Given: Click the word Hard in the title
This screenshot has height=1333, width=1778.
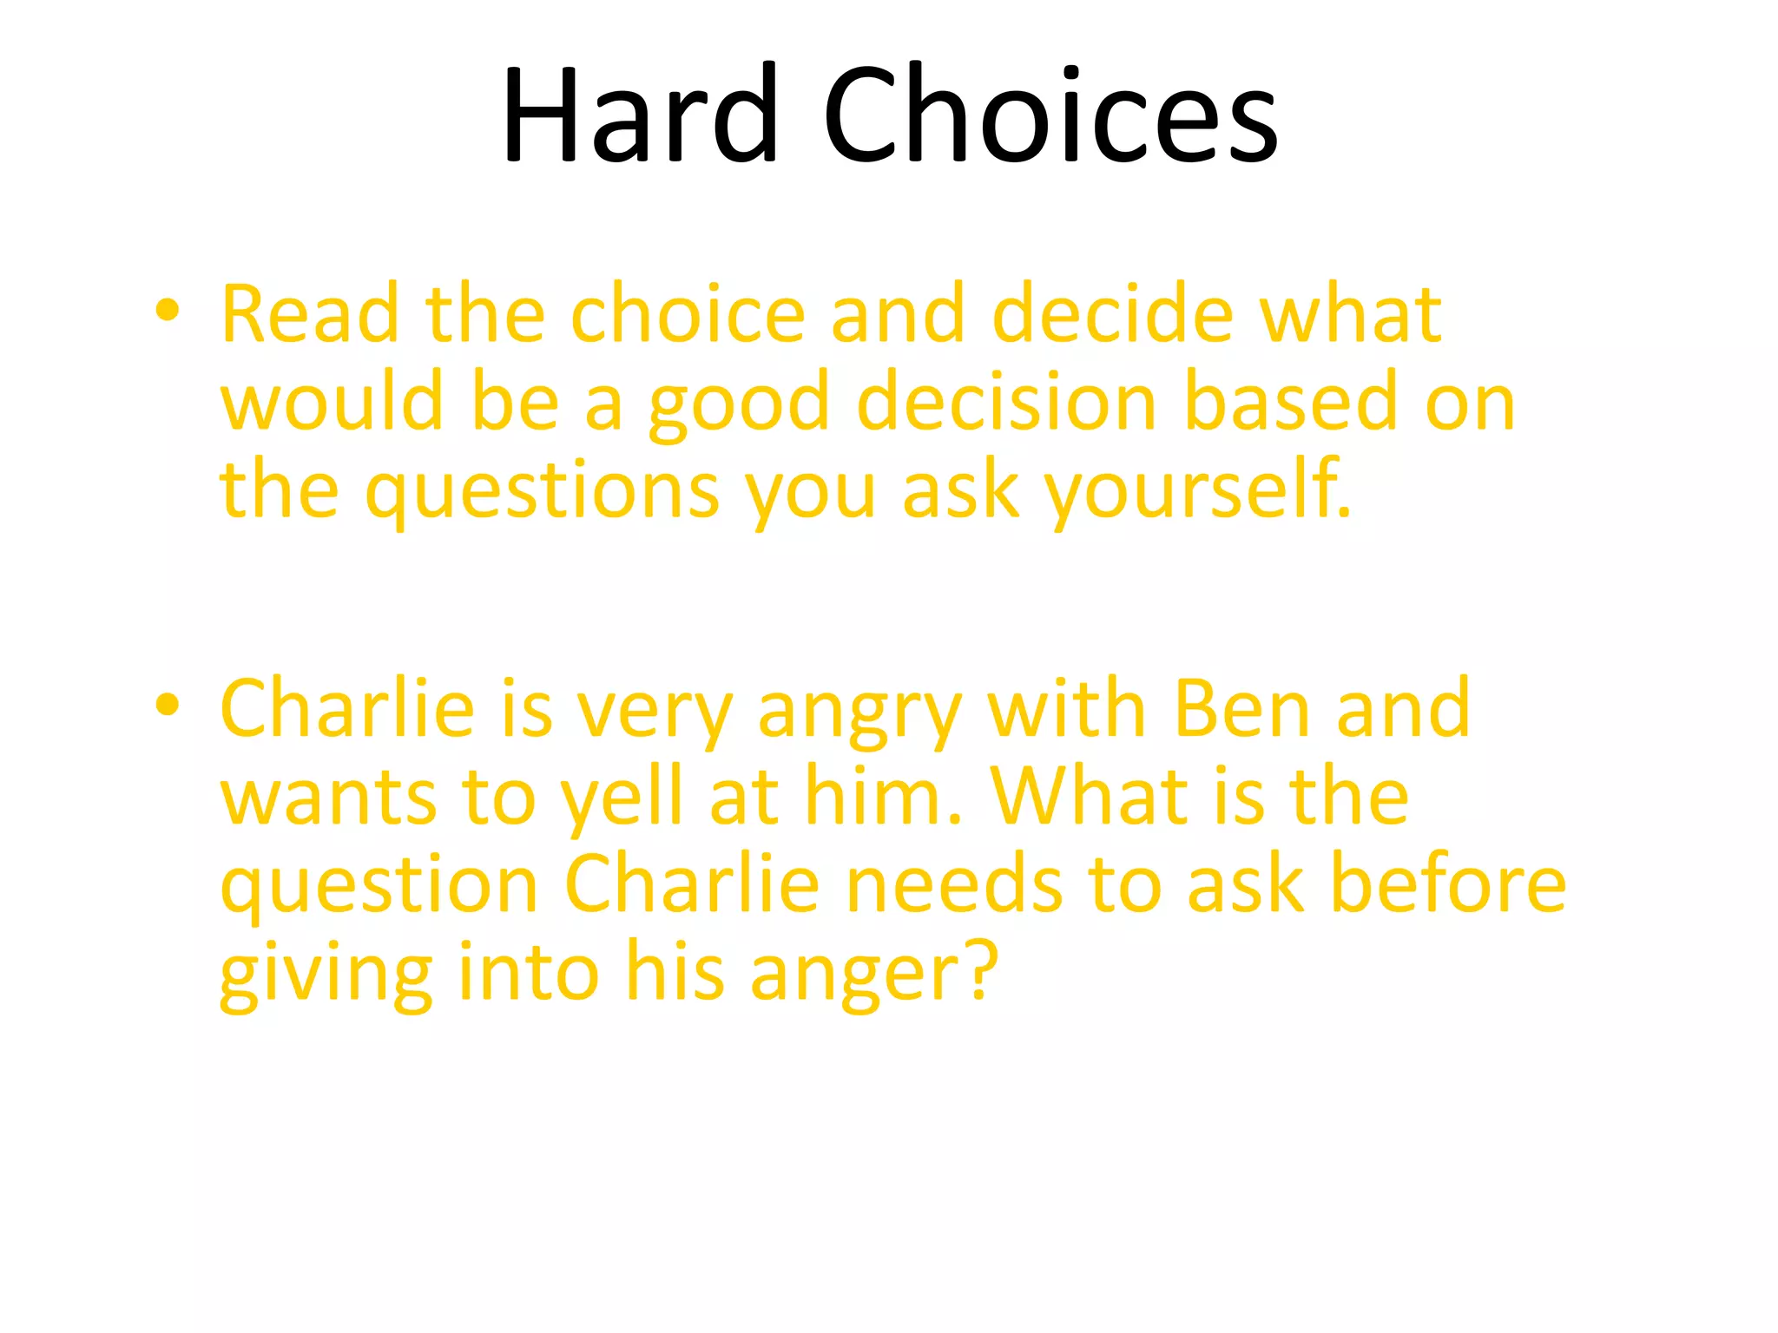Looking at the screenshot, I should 640,115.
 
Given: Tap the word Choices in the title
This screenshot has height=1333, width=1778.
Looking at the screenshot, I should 1050,115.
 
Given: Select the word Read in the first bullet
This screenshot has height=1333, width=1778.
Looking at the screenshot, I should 310,313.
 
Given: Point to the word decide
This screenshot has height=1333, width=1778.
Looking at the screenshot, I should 1113,313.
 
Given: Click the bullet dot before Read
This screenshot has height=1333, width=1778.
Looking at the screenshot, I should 168,311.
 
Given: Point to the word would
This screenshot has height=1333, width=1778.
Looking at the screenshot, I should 332,401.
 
